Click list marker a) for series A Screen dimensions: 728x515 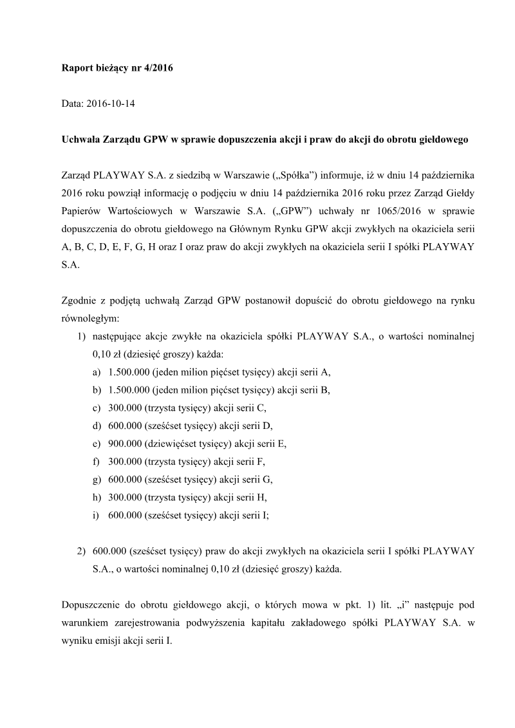(97, 372)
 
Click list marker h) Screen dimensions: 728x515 (97, 497)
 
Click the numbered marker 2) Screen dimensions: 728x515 (80, 551)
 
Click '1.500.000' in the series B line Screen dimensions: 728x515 (129, 390)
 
